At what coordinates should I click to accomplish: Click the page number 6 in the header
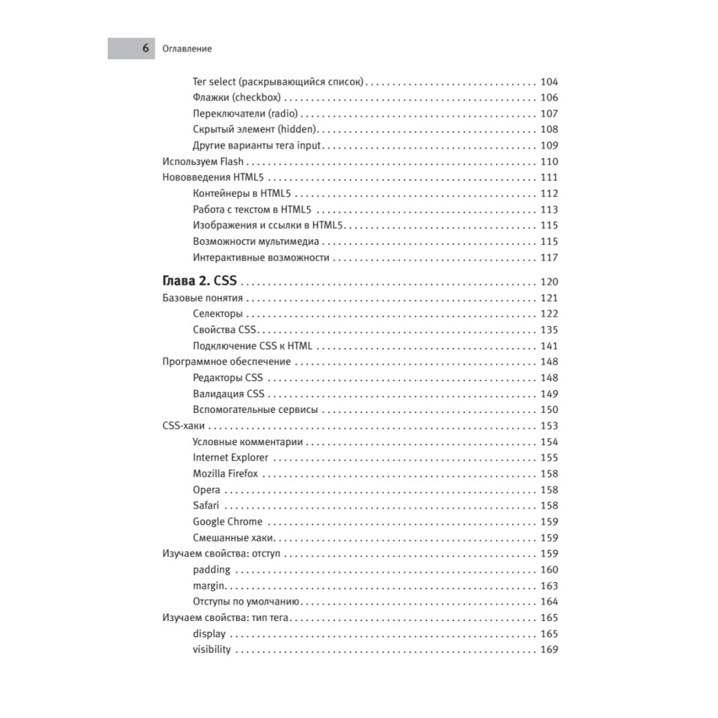145,49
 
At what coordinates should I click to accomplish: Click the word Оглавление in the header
187,49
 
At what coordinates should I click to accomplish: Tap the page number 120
549,281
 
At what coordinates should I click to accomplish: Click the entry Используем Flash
203,162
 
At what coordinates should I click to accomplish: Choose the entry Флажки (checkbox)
237,98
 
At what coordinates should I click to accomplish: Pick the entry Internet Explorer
230,457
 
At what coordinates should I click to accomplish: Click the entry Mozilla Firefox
225,474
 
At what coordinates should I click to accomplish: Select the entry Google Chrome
228,521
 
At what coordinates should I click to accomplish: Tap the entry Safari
206,505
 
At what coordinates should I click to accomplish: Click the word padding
212,569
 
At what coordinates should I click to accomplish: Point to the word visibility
212,650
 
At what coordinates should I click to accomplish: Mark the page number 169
549,650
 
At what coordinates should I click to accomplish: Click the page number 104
549,81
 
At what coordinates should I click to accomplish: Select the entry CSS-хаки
182,426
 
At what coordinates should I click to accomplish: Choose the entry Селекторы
218,314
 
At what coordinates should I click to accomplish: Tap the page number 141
549,346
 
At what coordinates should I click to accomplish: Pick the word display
209,634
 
